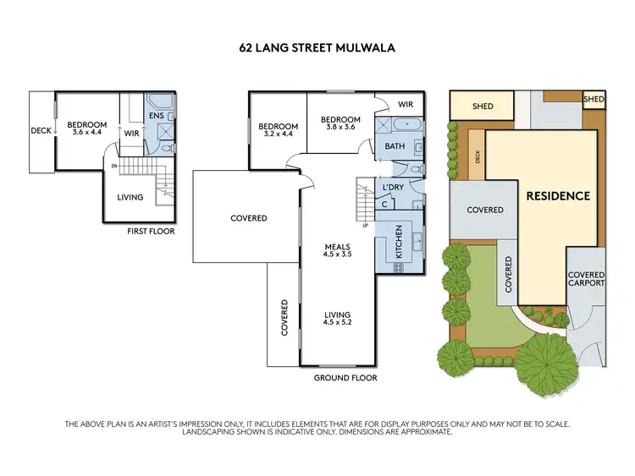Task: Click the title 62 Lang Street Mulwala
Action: [317, 48]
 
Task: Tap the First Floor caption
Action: [150, 230]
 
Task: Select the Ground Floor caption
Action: [345, 378]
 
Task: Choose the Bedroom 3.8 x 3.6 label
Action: [341, 123]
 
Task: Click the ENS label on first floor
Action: [157, 115]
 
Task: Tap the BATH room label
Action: [395, 146]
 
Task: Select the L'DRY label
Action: [392, 187]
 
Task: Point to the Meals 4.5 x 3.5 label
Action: [337, 251]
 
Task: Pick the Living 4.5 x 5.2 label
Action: [337, 317]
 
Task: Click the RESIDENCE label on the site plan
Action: [558, 195]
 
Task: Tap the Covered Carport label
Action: [586, 279]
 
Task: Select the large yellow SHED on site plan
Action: [483, 107]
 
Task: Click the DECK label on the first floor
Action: [41, 130]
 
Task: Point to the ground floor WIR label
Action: [405, 104]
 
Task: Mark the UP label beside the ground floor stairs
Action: [366, 226]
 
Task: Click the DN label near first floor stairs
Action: [114, 166]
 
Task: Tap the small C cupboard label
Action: [384, 204]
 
